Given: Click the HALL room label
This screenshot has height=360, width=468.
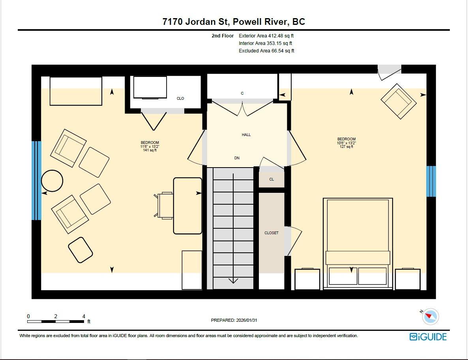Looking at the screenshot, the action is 246,135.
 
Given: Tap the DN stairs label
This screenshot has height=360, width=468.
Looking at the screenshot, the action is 237,158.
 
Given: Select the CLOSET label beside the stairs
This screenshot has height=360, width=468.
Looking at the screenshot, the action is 271,233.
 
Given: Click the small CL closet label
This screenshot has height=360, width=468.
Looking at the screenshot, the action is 271,179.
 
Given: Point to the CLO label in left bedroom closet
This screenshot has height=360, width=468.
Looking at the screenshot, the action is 180,99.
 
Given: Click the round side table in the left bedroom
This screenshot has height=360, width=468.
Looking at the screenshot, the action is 52,181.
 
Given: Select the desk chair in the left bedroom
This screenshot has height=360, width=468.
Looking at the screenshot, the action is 163,205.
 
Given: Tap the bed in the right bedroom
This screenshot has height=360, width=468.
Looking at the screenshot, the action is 358,243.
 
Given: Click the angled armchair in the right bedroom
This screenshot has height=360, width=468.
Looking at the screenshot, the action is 399,101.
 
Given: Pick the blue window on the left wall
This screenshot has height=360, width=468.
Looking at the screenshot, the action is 36,181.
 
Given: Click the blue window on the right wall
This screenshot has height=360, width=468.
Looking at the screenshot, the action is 431,181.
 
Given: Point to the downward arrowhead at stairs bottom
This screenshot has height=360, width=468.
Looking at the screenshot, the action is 233,280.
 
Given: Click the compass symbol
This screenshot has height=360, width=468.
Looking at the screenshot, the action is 431,317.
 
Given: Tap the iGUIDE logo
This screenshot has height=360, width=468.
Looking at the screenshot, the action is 428,337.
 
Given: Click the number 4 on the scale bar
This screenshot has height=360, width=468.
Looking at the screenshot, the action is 84,317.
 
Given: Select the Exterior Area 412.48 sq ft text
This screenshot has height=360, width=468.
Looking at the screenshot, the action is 266,36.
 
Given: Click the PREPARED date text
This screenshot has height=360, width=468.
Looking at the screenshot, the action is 234,320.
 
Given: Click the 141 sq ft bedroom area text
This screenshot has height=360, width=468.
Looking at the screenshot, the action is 150,150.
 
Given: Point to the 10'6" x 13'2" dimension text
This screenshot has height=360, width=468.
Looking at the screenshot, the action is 346,143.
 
